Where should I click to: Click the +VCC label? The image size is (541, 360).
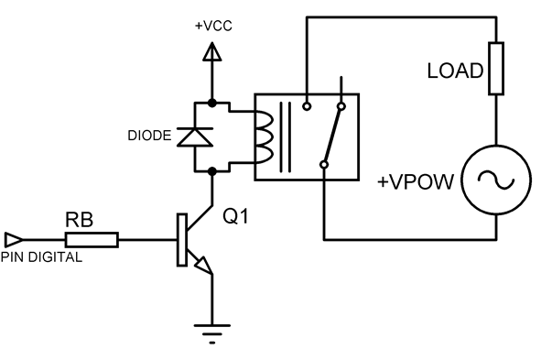[213, 26]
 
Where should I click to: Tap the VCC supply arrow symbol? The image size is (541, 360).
[212, 52]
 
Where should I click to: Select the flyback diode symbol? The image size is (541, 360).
[194, 136]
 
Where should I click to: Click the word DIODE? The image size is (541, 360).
[149, 136]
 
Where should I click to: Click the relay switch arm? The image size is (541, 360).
[332, 136]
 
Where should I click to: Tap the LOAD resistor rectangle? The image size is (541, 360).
[496, 68]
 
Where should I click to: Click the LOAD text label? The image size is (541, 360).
[454, 71]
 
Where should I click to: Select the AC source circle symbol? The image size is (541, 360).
[496, 180]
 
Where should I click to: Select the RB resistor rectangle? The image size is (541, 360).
[92, 240]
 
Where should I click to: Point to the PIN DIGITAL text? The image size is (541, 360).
[42, 257]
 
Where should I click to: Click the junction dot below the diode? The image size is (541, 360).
[212, 169]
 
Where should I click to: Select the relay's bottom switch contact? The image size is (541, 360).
[324, 165]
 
